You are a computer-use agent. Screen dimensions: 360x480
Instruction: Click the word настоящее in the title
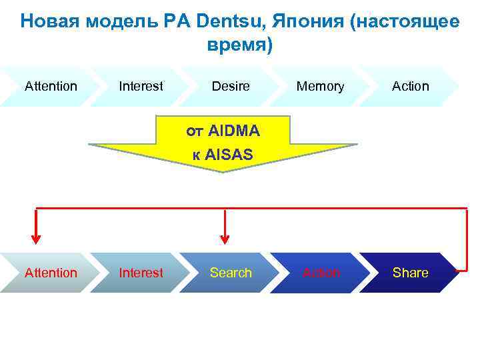coord(407,21)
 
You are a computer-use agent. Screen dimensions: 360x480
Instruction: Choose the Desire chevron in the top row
coord(231,86)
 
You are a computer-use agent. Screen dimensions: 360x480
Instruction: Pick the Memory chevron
coord(320,86)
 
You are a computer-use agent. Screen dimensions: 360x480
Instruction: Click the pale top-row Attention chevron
coord(51,86)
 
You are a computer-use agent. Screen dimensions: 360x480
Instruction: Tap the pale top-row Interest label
coord(141,86)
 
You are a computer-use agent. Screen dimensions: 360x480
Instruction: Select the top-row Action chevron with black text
coord(411,86)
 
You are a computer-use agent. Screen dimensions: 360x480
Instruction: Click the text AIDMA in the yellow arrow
coord(233,131)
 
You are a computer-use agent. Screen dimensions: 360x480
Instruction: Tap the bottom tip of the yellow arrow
coord(223,171)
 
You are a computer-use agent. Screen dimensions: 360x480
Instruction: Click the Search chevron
coord(231,273)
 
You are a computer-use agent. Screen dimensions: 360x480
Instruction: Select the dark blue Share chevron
coord(411,273)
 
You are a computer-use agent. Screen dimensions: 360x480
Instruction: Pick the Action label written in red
coord(321,273)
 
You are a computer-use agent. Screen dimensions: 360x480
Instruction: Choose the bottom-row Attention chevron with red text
coord(51,273)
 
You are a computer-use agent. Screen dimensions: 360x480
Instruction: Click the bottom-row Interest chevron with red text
coord(141,273)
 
